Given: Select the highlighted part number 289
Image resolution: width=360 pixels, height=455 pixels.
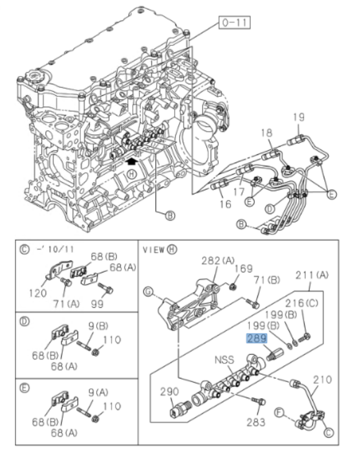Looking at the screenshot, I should tap(257, 338).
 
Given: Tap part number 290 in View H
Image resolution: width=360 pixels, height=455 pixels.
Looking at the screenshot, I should tap(170, 391).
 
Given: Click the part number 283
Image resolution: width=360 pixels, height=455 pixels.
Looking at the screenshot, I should tap(256, 422).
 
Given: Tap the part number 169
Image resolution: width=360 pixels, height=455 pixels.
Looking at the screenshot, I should tap(244, 268).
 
